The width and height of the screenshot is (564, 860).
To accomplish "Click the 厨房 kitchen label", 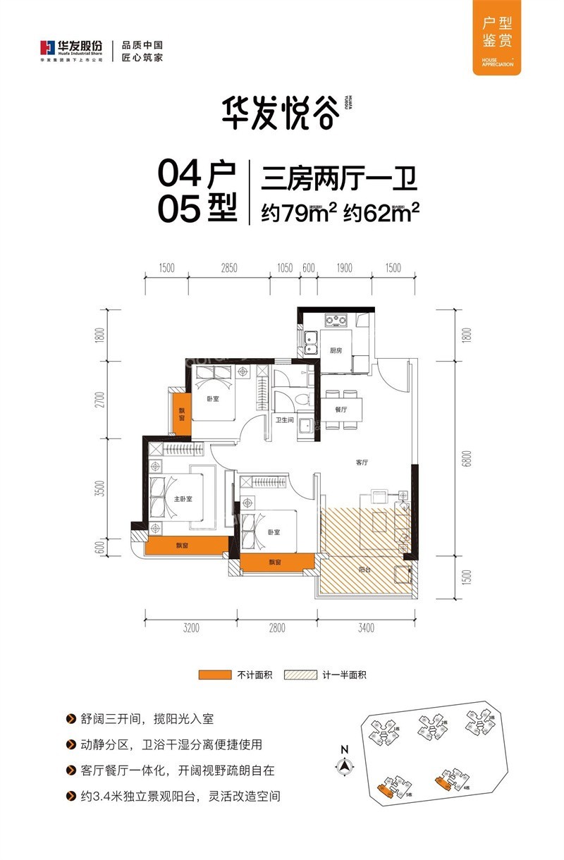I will pos(336,350).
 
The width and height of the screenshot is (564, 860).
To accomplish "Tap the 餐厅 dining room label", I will pos(342,409).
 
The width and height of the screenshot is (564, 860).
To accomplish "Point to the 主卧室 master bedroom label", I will pos(183,499).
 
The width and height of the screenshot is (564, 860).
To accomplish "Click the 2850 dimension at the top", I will pos(229,268).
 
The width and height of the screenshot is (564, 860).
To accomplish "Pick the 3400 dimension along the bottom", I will pos(365,627).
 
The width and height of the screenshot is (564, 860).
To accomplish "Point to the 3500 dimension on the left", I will pos(100,489).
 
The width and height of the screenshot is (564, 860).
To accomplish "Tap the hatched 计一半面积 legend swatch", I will pos(301,675).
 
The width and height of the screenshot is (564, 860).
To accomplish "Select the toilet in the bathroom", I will pos(302,400).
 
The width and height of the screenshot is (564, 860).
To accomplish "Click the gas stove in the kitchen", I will pos(336,321).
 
